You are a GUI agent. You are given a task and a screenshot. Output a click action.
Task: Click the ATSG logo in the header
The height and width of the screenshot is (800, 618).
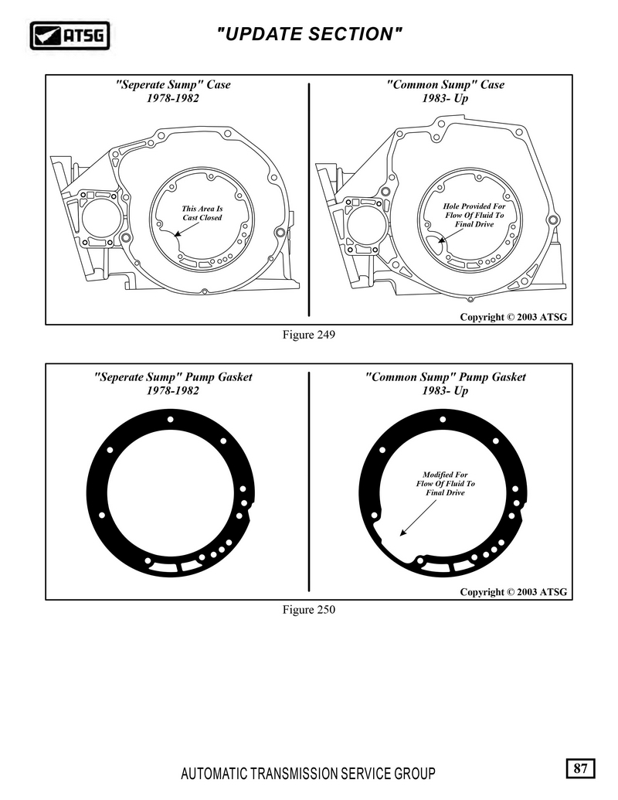pyautogui.click(x=70, y=36)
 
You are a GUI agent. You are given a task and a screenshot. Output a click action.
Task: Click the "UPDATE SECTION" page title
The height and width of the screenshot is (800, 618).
pyautogui.click(x=309, y=34)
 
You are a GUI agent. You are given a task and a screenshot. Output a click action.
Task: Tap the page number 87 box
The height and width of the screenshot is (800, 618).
pyautogui.click(x=580, y=768)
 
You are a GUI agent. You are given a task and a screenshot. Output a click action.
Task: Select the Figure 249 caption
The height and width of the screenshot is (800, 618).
pyautogui.click(x=309, y=335)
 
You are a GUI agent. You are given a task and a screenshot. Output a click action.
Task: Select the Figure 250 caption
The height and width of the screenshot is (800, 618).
pyautogui.click(x=309, y=610)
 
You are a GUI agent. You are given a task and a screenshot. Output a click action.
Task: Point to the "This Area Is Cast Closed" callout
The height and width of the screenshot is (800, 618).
pyautogui.click(x=202, y=213)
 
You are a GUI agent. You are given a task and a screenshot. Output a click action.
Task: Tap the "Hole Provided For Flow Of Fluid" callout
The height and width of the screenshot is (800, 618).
pyautogui.click(x=474, y=215)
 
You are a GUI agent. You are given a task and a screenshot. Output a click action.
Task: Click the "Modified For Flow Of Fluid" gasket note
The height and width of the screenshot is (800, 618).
pyautogui.click(x=445, y=483)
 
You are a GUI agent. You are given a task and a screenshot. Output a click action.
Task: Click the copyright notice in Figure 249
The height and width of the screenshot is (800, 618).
pyautogui.click(x=514, y=317)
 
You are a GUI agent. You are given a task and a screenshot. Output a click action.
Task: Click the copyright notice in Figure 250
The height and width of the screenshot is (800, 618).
pyautogui.click(x=514, y=592)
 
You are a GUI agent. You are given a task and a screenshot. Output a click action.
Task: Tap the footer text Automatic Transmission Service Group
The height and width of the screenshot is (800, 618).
pyautogui.click(x=308, y=774)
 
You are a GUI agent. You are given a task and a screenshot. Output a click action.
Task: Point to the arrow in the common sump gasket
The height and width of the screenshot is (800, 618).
pyautogui.click(x=418, y=518)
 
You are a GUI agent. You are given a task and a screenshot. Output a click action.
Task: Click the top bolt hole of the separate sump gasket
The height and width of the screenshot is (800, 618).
pyautogui.click(x=170, y=420)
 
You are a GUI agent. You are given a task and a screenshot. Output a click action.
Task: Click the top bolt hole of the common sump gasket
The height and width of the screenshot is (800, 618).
pyautogui.click(x=443, y=420)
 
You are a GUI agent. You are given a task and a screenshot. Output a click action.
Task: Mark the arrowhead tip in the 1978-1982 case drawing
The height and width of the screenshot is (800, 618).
pyautogui.click(x=174, y=237)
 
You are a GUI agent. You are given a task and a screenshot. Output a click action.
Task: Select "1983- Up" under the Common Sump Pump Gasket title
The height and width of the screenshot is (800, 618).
pyautogui.click(x=445, y=391)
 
